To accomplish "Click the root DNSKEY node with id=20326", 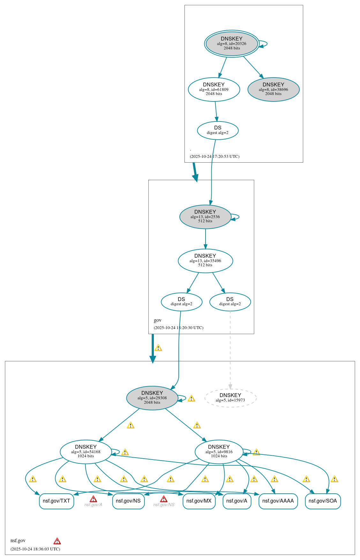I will pyautogui.click(x=232, y=43).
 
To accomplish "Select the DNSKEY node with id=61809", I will pyautogui.click(x=214, y=89).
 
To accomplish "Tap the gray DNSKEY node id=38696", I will pyautogui.click(x=274, y=89).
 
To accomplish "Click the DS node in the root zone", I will pyautogui.click(x=218, y=130).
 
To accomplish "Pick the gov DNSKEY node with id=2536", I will pyautogui.click(x=205, y=217).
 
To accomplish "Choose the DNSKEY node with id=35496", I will pyautogui.click(x=205, y=261).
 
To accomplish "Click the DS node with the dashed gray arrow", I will pyautogui.click(x=230, y=302).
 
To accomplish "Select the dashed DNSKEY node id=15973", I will pyautogui.click(x=230, y=398).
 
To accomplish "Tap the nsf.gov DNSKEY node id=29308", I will pyautogui.click(x=152, y=398).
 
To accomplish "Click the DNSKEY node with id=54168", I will pyautogui.click(x=86, y=452).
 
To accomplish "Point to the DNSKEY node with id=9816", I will pyautogui.click(x=219, y=452).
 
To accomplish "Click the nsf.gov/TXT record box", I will pyautogui.click(x=56, y=501).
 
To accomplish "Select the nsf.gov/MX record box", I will pyautogui.click(x=199, y=501).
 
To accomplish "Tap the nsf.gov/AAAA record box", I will pyautogui.click(x=278, y=501).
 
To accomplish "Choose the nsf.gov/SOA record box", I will pyautogui.click(x=323, y=501).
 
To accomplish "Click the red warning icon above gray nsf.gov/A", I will pyautogui.click(x=93, y=499).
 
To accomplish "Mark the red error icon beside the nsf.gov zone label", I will pyautogui.click(x=57, y=541).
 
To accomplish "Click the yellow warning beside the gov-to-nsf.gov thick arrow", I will pyautogui.click(x=158, y=348).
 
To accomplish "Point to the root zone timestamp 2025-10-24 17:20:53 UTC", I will pyautogui.click(x=214, y=157).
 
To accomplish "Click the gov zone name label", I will pyautogui.click(x=158, y=320).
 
